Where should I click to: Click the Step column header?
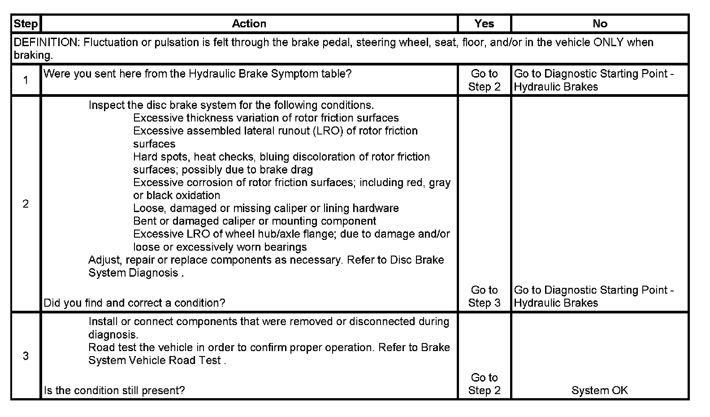pos(26,24)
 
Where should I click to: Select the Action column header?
pos(249,24)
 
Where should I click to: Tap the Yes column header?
pos(484,24)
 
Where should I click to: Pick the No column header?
pos(600,24)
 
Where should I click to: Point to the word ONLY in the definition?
pos(608,43)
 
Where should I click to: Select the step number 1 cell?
pos(26,80)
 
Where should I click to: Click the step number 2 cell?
pos(26,204)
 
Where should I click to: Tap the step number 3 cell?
pos(26,356)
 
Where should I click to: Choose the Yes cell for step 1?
pos(484,80)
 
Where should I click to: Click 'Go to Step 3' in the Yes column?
pos(484,296)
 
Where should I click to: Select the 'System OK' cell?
pos(599,391)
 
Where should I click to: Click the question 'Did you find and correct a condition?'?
pos(134,303)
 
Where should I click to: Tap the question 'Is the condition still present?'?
pos(114,391)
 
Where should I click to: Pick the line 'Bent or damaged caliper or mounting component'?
pos(255,221)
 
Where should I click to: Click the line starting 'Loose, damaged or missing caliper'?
pos(266,208)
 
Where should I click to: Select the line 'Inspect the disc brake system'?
pos(231,105)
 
